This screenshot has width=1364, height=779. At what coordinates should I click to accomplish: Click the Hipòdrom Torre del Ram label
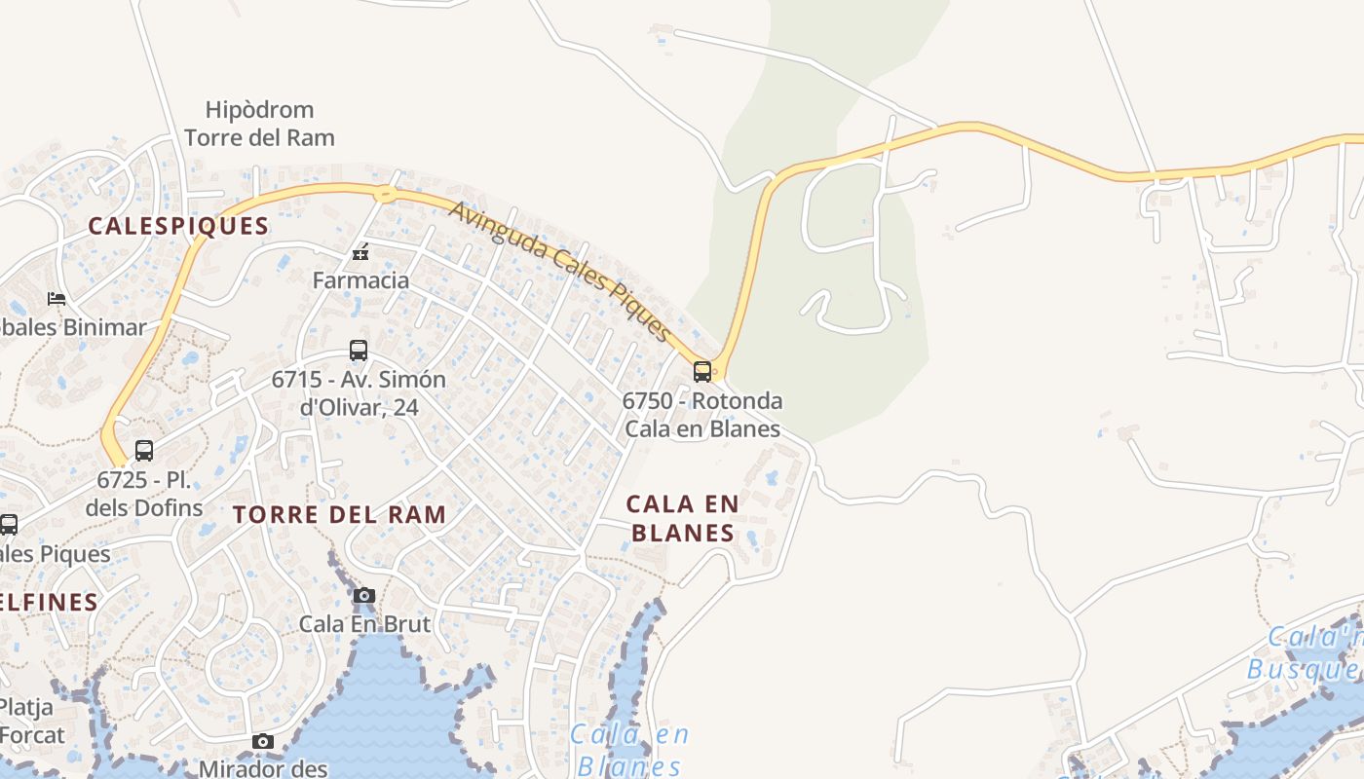click(x=259, y=124)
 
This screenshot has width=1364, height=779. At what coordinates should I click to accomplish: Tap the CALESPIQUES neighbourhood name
click(x=178, y=226)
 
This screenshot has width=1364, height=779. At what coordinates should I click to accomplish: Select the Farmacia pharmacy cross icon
click(x=360, y=253)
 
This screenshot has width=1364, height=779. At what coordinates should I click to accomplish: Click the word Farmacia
click(x=360, y=280)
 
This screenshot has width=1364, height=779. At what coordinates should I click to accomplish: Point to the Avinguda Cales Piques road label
click(x=561, y=272)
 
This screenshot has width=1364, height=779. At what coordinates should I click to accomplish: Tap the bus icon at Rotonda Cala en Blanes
click(x=701, y=371)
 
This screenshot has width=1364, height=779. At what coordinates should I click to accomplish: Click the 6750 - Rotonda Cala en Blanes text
click(x=702, y=415)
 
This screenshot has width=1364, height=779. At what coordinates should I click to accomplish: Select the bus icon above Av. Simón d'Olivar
click(x=359, y=351)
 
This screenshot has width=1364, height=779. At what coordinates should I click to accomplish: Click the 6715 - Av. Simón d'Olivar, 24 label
click(x=359, y=393)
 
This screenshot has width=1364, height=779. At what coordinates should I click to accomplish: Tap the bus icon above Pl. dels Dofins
click(x=144, y=451)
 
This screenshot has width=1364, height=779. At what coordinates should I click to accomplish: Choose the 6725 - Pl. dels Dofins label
click(x=144, y=494)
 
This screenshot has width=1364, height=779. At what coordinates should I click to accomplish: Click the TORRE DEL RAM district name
click(x=340, y=515)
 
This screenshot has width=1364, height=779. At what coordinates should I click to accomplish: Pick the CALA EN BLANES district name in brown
click(x=682, y=518)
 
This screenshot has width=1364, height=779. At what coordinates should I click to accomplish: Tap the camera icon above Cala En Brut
click(x=364, y=595)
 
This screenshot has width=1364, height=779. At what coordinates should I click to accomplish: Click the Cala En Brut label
click(x=364, y=623)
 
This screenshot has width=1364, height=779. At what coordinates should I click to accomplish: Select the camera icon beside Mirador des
click(x=262, y=742)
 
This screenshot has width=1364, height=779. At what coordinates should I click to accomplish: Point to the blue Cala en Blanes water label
click(x=629, y=750)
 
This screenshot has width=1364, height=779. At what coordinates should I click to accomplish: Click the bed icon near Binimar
click(x=57, y=298)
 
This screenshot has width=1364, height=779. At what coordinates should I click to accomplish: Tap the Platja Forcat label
click(x=32, y=721)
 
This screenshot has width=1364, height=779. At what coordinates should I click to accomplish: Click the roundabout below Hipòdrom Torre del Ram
click(x=386, y=193)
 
